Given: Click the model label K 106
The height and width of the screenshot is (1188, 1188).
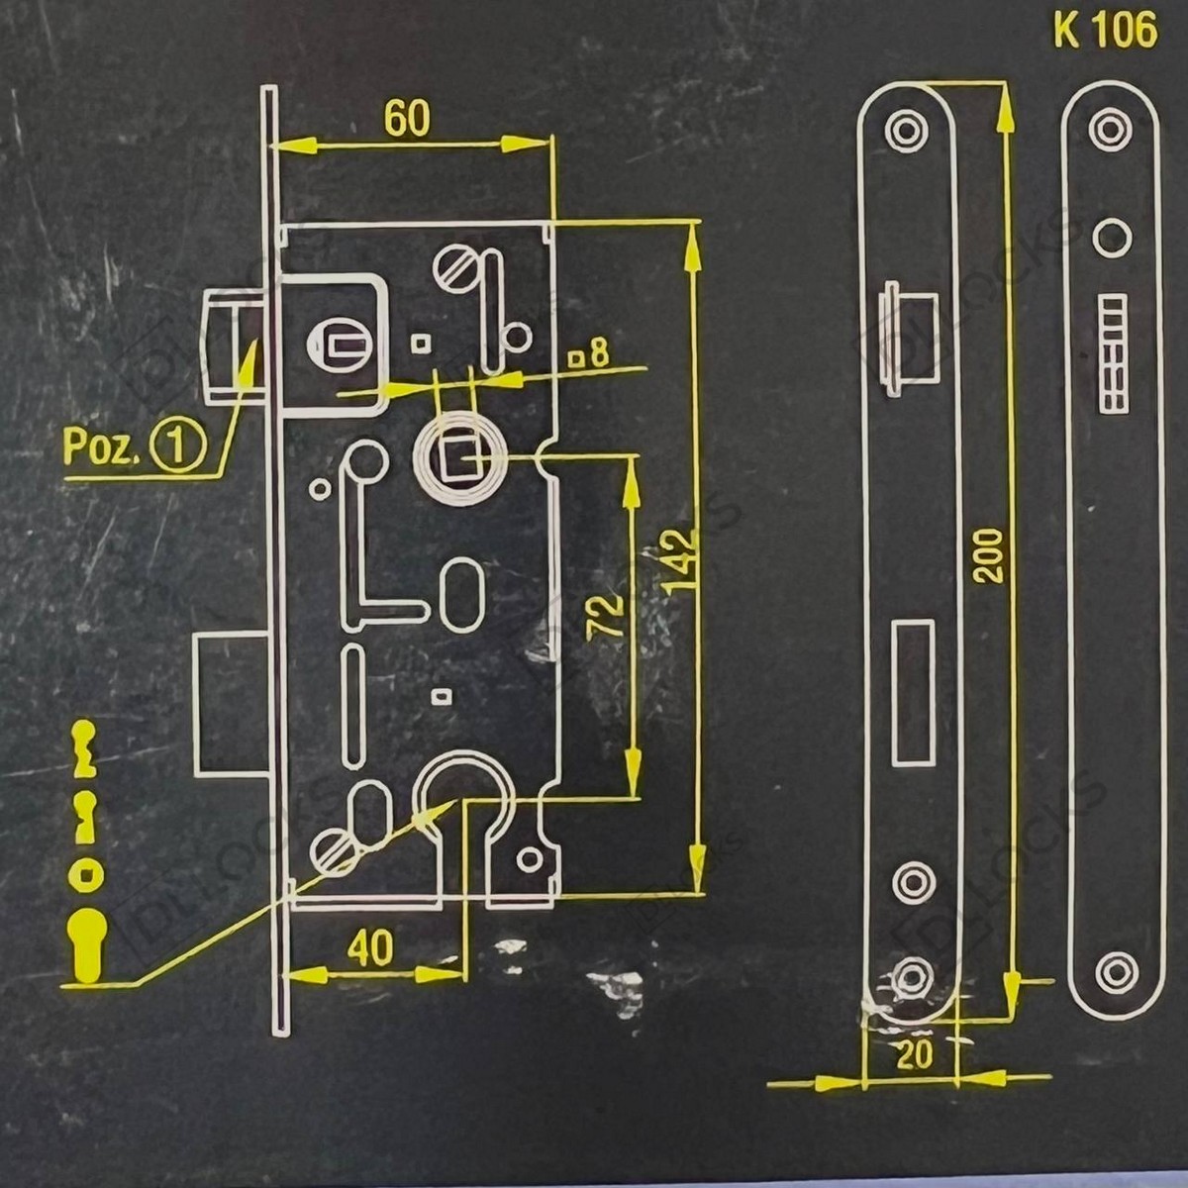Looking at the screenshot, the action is [x=1105, y=31].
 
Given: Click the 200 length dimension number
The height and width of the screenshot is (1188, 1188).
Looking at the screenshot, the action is [x=988, y=554].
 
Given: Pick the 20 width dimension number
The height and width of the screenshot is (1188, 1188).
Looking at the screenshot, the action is [x=915, y=1055].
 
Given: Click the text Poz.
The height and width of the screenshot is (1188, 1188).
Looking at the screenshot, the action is [x=99, y=447].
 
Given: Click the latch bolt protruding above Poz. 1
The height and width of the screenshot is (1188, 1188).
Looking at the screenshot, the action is [x=235, y=347].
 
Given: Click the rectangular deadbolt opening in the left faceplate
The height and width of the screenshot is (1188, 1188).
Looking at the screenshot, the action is [x=913, y=692].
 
